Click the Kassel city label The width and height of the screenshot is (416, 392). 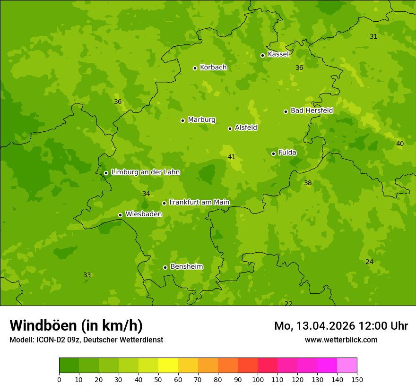278,54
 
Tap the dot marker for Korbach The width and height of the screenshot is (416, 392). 195,68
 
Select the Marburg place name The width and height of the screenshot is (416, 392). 201,120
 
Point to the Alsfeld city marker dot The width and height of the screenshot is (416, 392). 230,128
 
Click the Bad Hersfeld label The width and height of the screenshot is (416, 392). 312,111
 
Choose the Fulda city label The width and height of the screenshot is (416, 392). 287,153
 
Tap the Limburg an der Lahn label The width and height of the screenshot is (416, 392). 145,172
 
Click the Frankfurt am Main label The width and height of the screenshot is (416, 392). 199,202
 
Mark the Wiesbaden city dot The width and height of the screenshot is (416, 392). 120,215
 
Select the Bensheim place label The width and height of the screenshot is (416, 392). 186,266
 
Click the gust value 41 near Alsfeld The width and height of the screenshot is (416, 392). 232,157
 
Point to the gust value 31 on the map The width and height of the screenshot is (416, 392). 373,36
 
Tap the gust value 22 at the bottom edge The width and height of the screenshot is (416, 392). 288,303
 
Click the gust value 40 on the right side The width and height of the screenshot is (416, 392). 400,144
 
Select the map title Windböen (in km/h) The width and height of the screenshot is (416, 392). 76,325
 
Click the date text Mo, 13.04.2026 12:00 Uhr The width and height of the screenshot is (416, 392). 341,326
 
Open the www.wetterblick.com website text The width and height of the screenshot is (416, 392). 341,340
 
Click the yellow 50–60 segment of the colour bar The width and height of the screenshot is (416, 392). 168,366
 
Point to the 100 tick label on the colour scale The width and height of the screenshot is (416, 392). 258,379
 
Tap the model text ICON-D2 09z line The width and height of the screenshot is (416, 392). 86,340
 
